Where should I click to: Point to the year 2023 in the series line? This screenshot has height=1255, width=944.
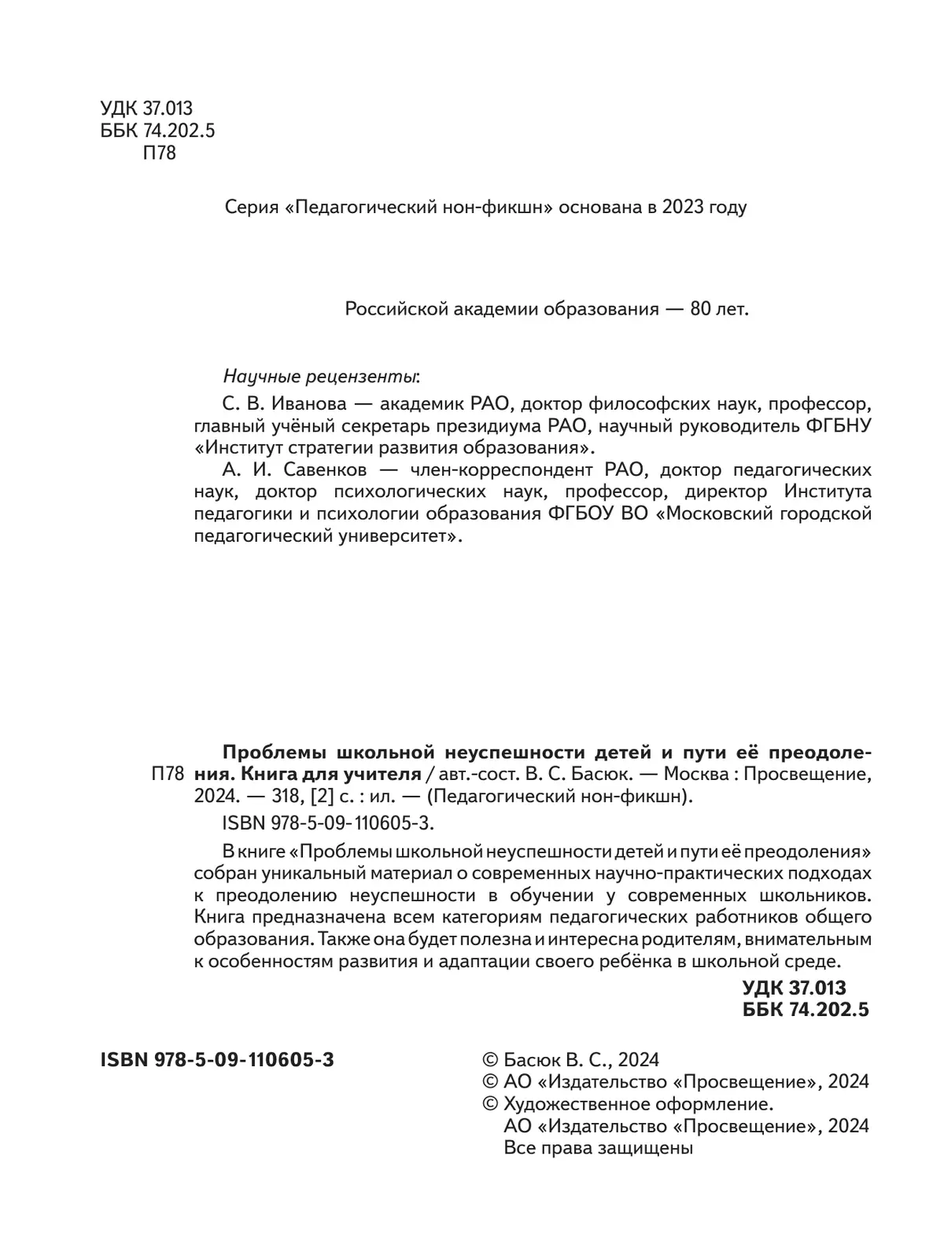[x=683, y=208]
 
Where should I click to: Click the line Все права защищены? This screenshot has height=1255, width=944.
[x=597, y=1147]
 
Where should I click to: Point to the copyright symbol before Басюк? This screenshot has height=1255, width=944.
[x=489, y=1060]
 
